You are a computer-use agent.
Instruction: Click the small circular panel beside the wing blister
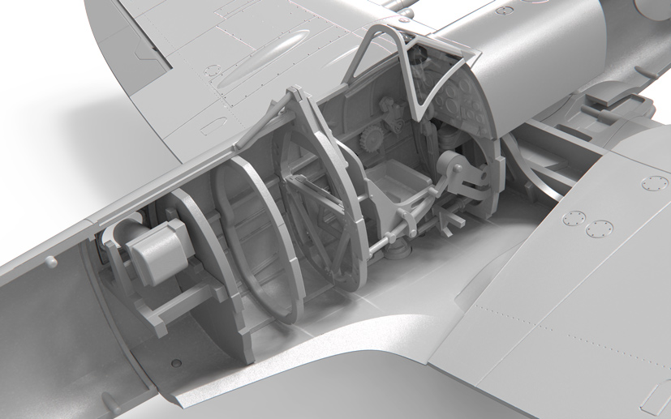[x=213, y=71]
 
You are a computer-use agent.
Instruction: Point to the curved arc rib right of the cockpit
[x=519, y=162]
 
